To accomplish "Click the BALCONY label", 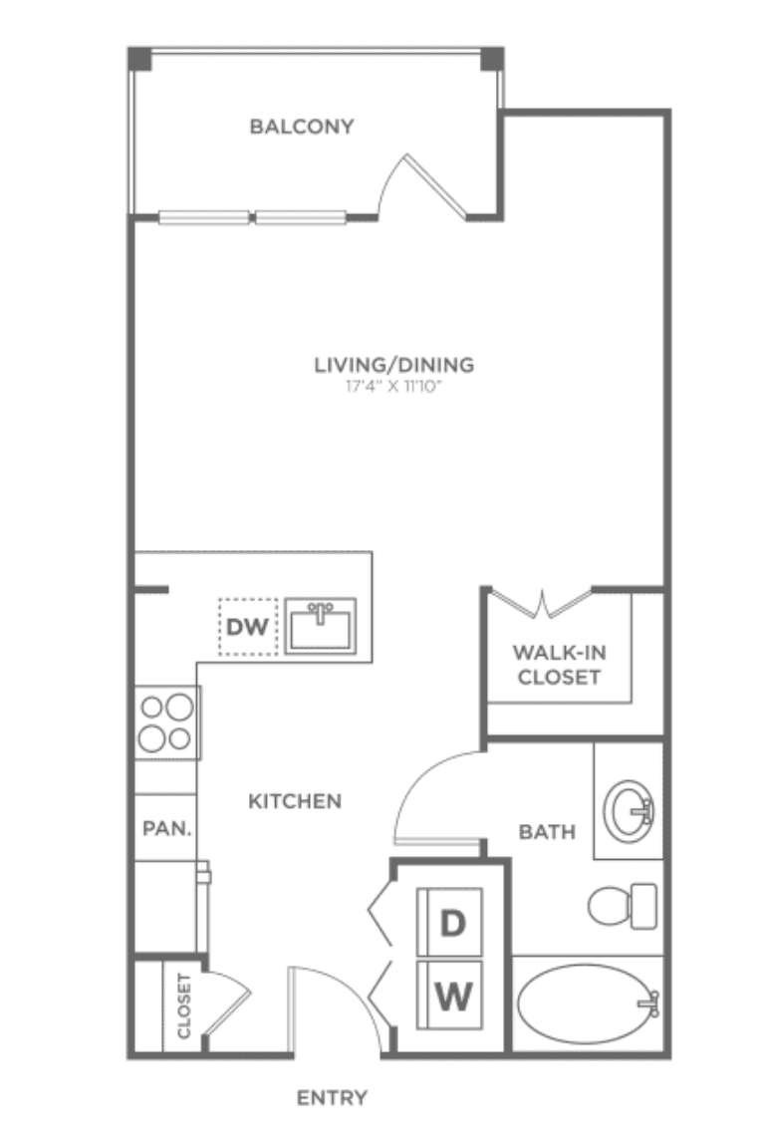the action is (302, 127).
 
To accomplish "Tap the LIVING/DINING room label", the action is (393, 365).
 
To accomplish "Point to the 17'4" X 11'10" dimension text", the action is (394, 386).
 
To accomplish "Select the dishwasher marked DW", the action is (248, 627).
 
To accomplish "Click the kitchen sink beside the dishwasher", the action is (321, 626).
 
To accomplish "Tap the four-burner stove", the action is (167, 722).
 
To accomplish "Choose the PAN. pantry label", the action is (166, 829).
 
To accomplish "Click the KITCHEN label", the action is (295, 801).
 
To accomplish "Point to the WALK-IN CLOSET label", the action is (559, 664).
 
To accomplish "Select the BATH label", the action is (547, 832).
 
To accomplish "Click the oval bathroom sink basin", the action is (629, 810).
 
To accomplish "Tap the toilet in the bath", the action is (623, 906).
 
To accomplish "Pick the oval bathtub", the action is (588, 1004).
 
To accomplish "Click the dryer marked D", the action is (449, 922).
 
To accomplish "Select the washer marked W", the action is (449, 996).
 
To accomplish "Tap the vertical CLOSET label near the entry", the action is (183, 1005).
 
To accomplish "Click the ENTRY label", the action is (332, 1097).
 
